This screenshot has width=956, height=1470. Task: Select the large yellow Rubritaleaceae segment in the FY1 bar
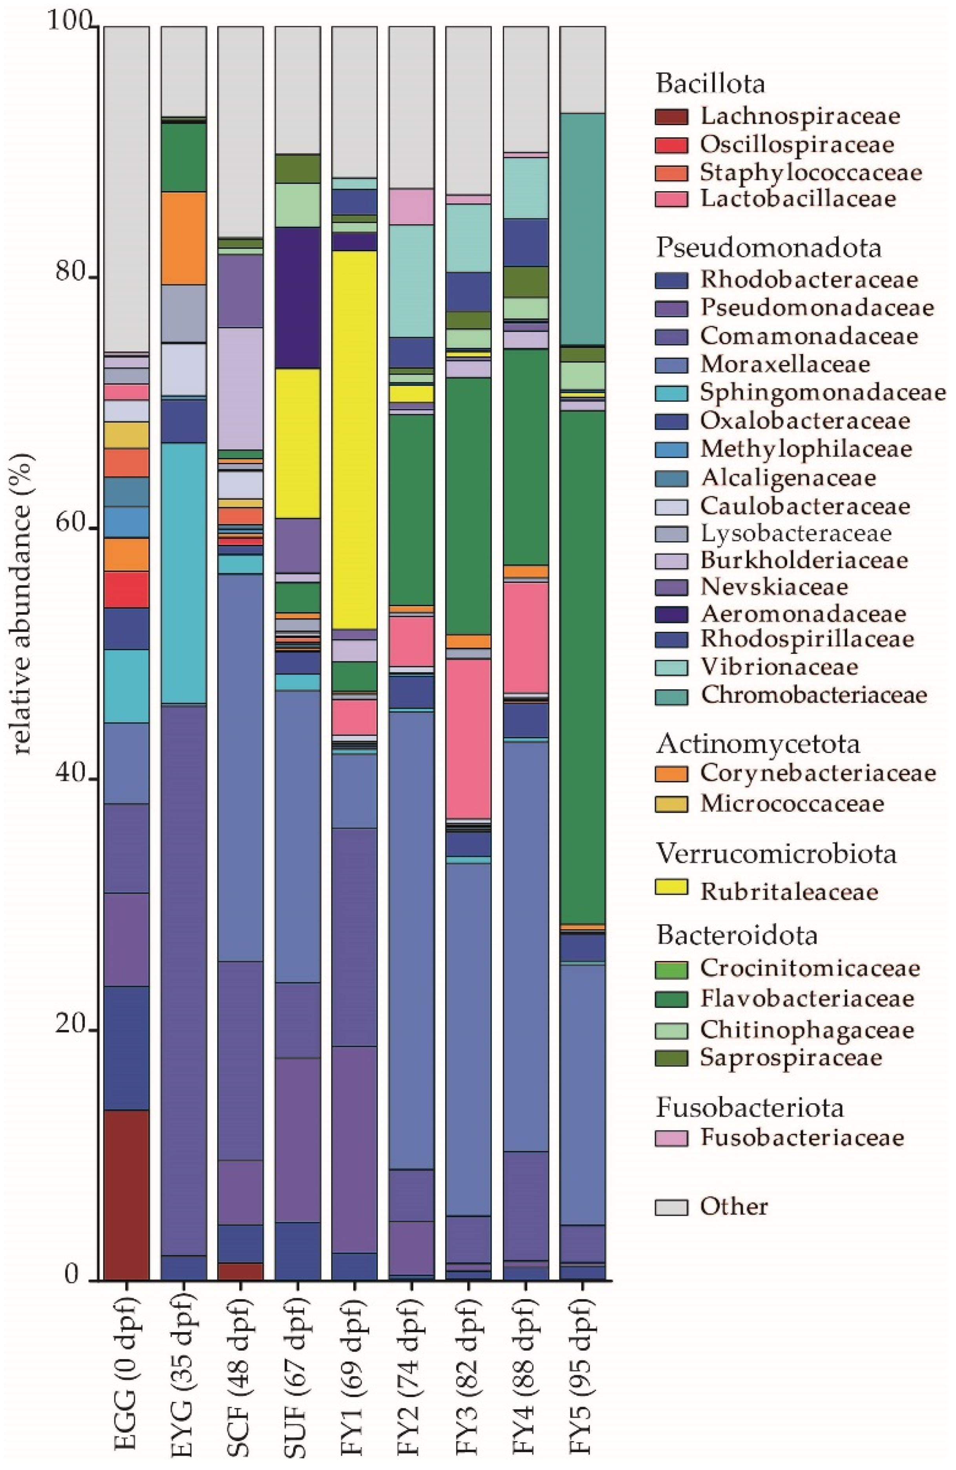point(354,439)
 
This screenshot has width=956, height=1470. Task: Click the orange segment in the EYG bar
point(183,238)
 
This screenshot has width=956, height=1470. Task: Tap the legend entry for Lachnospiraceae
point(800,115)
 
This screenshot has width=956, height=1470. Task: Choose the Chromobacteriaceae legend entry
point(813,695)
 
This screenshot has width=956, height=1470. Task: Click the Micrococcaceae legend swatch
point(671,803)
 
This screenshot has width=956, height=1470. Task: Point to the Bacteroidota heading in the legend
point(737,935)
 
